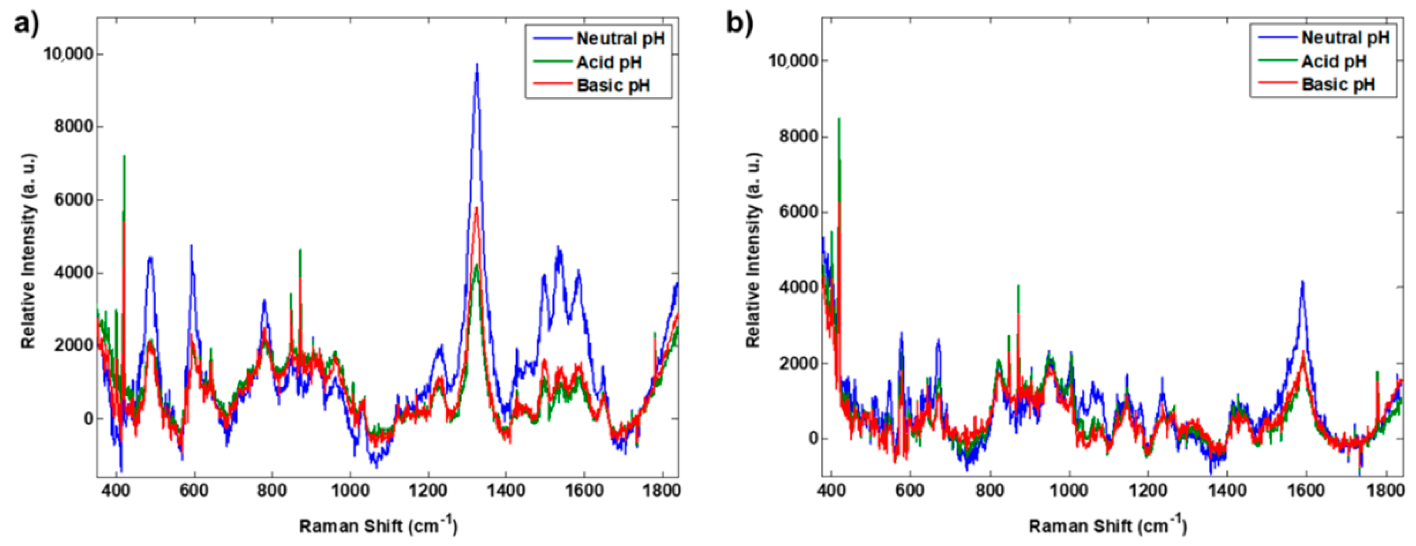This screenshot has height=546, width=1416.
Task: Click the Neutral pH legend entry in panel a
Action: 620,38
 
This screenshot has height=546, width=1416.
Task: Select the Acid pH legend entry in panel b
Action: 1334,61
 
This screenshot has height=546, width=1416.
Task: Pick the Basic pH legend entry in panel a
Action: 613,86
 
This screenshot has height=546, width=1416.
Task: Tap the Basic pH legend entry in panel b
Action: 1338,84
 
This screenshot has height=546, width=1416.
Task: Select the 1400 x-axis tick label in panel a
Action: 505,490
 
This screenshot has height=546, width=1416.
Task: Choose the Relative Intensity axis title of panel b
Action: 753,250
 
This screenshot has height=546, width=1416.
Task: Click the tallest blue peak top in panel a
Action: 477,65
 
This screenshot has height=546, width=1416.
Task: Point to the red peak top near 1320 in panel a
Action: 476,208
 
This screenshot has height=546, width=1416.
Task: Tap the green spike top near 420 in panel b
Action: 839,119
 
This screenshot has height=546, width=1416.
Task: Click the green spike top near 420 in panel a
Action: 124,156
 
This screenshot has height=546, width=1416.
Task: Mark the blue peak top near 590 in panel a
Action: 191,245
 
